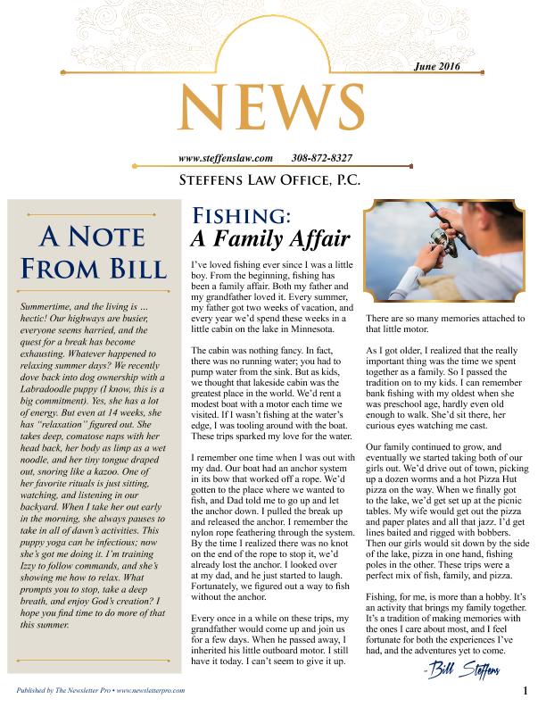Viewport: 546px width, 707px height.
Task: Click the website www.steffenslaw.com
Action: [226, 158]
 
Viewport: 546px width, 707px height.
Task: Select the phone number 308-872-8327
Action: [321, 158]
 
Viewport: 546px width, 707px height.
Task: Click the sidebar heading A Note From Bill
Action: [93, 253]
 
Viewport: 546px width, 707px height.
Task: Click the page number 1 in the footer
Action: [526, 689]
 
